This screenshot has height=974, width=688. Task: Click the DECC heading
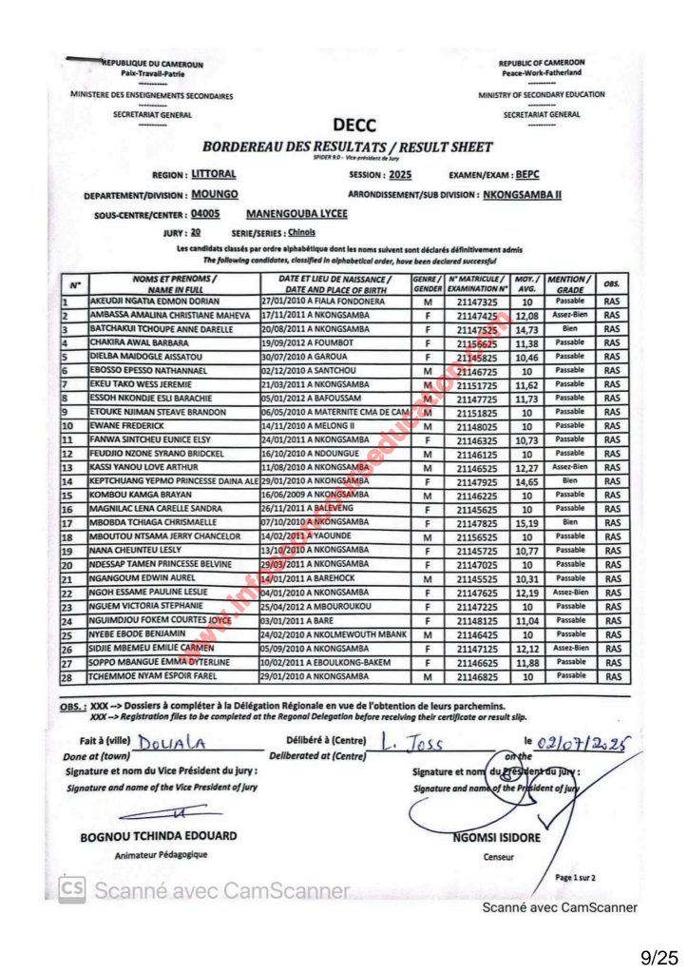click(x=354, y=126)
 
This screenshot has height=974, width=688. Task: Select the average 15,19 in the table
click(x=527, y=521)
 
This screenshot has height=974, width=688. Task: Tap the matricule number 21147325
click(x=479, y=300)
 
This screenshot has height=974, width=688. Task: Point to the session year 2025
click(x=400, y=175)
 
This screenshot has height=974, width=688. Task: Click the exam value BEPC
click(x=526, y=175)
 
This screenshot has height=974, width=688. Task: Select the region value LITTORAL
click(x=214, y=175)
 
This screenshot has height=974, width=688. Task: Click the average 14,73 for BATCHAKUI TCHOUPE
click(x=527, y=328)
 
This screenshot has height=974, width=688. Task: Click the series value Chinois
click(x=301, y=231)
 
